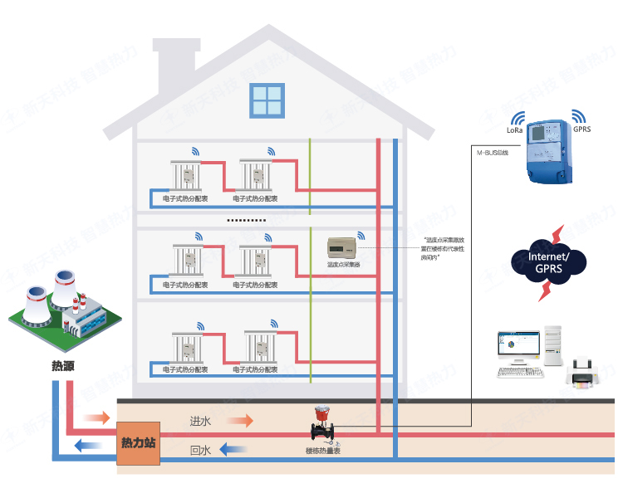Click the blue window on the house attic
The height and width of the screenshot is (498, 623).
tap(267, 101)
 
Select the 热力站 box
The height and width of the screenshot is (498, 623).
tap(138, 442)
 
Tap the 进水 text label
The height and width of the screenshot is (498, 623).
tap(200, 422)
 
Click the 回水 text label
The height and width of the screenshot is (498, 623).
tap(200, 451)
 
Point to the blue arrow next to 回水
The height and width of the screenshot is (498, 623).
tap(234, 450)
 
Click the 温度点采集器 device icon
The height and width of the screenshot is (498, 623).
tap(341, 247)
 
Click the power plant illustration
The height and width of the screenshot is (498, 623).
tap(62, 314)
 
